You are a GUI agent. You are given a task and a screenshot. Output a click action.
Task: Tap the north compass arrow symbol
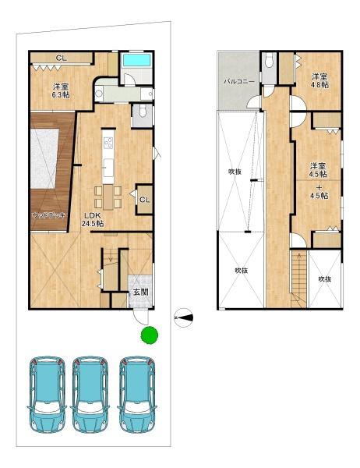coord(185,316)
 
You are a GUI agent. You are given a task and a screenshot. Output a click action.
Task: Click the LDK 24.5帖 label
coord(93,219)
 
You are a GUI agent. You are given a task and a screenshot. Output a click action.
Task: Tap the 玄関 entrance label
coord(140,292)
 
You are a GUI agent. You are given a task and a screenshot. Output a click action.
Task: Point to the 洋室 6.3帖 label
coord(61,90)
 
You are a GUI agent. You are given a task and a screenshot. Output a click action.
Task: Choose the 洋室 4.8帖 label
coord(319,81)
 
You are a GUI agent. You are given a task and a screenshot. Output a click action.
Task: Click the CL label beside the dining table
coord(144,200)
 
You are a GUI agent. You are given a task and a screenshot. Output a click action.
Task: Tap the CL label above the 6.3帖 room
coord(60,58)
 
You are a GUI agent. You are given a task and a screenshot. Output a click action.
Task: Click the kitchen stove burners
coord(108,144)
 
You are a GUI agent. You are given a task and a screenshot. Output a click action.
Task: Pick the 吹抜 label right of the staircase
coord(324,278)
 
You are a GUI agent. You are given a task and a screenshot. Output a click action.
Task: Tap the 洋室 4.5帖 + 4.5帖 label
coord(318,181)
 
